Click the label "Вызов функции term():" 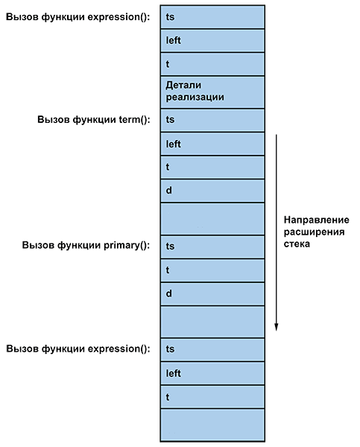[x=94, y=119]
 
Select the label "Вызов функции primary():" [x=86, y=245]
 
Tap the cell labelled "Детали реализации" [x=212, y=92]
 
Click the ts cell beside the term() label [x=212, y=120]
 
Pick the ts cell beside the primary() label [x=212, y=247]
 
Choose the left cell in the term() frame [x=212, y=144]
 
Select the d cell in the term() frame [x=212, y=191]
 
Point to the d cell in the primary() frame [x=212, y=294]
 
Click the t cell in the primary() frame [x=212, y=270]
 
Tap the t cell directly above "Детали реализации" [x=212, y=64]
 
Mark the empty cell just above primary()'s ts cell [x=212, y=219]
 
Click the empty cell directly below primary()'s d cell [x=212, y=322]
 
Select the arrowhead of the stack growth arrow [x=276, y=327]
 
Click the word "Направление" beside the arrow [x=316, y=220]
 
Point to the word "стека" [x=297, y=244]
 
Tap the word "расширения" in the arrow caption [x=314, y=232]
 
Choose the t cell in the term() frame [x=212, y=168]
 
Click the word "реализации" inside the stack [x=195, y=98]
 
